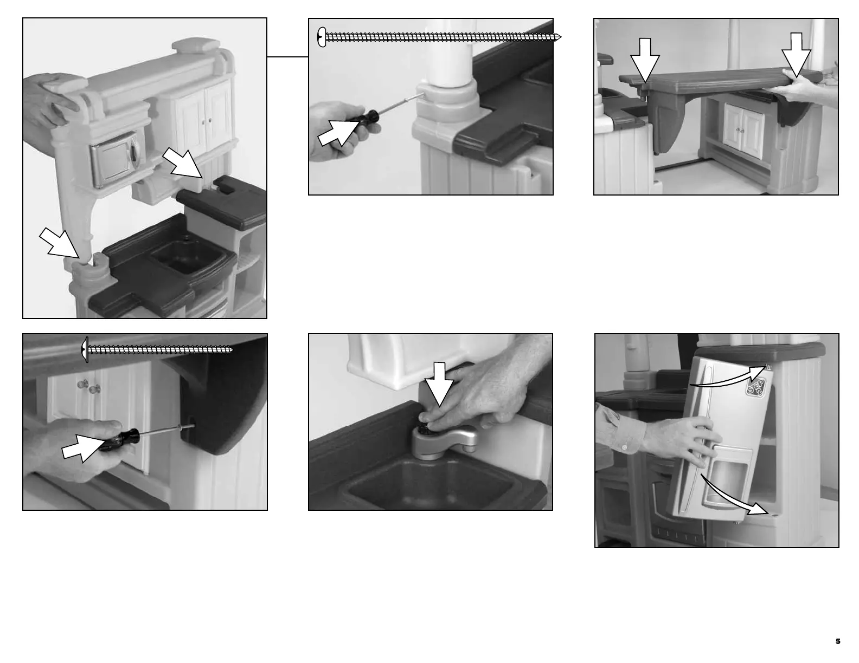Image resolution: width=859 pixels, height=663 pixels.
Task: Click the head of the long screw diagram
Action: pos(322,37)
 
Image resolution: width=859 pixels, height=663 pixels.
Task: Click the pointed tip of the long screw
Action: pos(560,37)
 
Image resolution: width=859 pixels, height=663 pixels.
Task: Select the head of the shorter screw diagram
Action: pos(85,349)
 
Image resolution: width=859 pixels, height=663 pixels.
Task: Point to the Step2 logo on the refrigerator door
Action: pos(755,387)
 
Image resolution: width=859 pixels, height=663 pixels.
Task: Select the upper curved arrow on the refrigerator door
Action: pos(732,376)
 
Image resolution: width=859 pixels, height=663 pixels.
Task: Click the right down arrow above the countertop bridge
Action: pos(796,55)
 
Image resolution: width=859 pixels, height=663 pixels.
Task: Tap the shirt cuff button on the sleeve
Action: pos(625,447)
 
